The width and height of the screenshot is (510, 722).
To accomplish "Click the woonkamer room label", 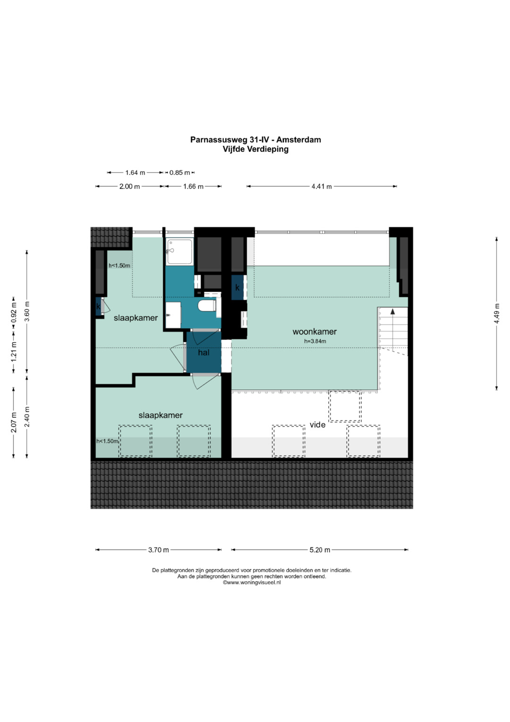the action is (314, 331).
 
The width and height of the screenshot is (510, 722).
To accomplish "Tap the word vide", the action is (317, 425).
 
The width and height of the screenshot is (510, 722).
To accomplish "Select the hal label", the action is (204, 352).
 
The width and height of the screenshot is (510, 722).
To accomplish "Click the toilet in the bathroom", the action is (206, 305).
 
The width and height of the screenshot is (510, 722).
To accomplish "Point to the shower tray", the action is (179, 252).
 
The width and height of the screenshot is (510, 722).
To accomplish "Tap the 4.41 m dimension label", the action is (321, 186).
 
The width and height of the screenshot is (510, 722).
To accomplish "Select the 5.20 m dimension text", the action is (320, 549).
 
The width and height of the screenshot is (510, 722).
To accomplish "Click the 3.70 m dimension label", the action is (158, 549).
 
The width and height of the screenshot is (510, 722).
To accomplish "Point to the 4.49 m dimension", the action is (497, 313).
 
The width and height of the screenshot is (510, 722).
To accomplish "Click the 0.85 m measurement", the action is (179, 173).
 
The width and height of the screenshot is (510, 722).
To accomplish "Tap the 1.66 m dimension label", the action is (193, 186).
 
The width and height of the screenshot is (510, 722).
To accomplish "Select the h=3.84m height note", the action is (315, 341).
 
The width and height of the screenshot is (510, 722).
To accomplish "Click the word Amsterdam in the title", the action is (298, 139).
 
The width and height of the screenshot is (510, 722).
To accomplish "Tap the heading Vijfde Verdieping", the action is (255, 149).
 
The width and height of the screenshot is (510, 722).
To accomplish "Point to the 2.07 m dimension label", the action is (14, 423).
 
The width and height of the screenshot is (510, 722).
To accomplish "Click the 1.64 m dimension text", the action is (135, 173).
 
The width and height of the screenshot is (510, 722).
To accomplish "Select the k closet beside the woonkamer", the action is (238, 287).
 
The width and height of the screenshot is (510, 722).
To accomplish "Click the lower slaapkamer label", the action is (161, 415).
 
